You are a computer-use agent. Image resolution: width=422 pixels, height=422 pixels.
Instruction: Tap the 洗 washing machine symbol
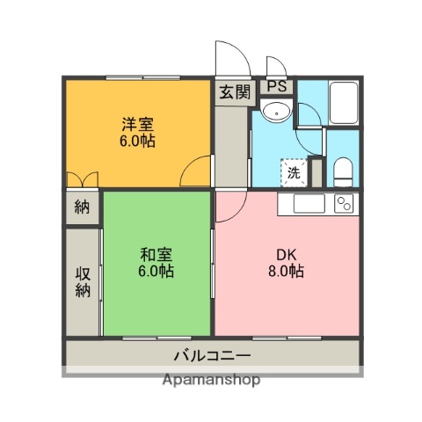[294, 172]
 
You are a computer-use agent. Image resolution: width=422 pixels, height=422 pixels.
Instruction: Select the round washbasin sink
[277, 112]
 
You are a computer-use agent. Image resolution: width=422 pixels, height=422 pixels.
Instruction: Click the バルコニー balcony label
[211, 356]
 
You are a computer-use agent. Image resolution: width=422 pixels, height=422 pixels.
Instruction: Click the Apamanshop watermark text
[211, 381]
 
